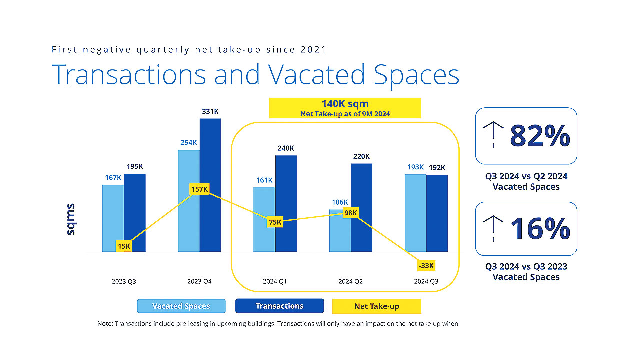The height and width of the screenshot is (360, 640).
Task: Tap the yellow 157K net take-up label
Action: pos(199,189)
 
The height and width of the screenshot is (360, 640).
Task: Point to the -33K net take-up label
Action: pos(426,265)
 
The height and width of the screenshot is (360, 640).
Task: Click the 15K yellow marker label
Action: pos(124,246)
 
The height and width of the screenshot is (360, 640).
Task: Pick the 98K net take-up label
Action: pos(351,213)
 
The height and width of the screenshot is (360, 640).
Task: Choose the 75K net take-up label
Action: pos(275,222)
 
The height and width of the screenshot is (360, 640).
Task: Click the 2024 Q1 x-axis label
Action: pos(275,281)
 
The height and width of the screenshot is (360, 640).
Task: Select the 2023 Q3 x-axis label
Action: pos(124,281)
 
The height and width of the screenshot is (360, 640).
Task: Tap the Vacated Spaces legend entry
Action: pos(181,306)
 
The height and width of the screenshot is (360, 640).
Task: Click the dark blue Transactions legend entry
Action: pos(279,306)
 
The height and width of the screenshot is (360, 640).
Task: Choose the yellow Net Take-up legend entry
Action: pos(376,306)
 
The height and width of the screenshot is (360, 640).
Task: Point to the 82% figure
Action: pos(540,136)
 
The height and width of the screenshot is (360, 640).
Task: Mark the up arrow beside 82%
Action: pos(493,136)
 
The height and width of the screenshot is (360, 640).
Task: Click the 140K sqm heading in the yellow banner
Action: pos(345,104)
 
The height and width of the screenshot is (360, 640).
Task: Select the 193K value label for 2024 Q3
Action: pos(415,167)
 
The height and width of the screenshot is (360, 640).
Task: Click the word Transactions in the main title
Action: pos(129,74)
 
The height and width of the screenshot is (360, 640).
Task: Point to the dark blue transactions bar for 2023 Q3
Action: pos(135,212)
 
